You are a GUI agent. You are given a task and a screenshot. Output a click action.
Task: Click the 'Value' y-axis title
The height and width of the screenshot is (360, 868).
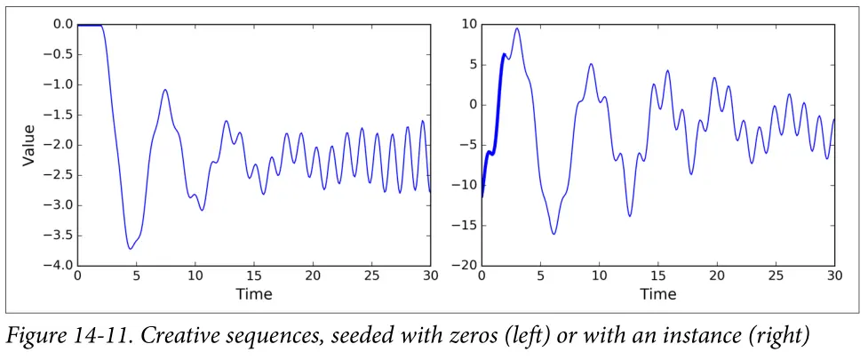[28, 145]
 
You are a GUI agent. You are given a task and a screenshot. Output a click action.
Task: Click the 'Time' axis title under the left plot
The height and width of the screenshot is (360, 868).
[254, 293]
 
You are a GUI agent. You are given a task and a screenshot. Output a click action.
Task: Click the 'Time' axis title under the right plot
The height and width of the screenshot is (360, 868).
[658, 293]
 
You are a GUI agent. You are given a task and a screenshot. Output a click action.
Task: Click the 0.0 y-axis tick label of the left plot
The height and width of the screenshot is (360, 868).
[60, 24]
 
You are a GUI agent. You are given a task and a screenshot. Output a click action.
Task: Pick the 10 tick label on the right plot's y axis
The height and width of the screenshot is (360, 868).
[466, 24]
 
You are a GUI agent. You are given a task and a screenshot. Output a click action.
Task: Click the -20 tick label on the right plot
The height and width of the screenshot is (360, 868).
[463, 266]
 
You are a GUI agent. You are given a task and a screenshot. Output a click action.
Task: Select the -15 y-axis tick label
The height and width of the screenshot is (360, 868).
[463, 226]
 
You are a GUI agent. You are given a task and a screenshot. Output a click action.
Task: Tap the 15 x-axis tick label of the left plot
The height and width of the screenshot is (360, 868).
[254, 277]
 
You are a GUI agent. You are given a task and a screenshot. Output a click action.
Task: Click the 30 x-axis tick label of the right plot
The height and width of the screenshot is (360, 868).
[834, 277]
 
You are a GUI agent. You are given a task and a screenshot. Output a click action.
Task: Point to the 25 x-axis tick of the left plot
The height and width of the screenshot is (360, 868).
[371, 277]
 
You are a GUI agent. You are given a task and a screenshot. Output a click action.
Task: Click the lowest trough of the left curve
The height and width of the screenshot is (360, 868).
[131, 249]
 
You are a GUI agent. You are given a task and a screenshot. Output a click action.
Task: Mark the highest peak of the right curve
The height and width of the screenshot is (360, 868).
[517, 28]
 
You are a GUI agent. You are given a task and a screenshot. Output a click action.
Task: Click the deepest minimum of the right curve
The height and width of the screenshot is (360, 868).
[553, 234]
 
